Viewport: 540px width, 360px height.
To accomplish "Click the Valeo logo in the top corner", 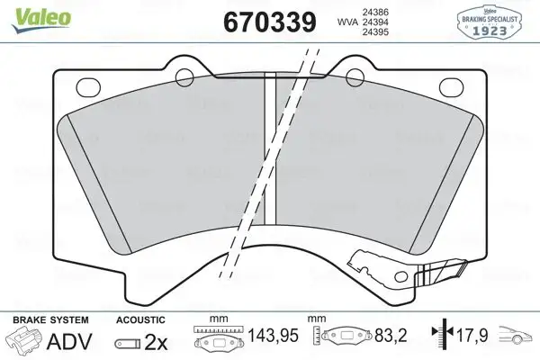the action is point(41,20).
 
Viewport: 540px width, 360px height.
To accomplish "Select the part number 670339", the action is point(270,22).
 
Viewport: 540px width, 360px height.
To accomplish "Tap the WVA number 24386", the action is point(374,12).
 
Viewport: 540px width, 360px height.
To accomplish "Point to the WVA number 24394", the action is point(374,22).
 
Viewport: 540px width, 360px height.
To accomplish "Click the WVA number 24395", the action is point(374,32).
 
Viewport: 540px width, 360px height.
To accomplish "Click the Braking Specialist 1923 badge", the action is point(489,22).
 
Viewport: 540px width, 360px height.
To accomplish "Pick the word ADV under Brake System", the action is point(69,341).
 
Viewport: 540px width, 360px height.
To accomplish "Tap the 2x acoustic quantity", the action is point(156,342).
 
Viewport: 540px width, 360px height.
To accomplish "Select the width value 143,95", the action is point(273,336).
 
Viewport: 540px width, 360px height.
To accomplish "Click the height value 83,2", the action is point(391,336).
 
